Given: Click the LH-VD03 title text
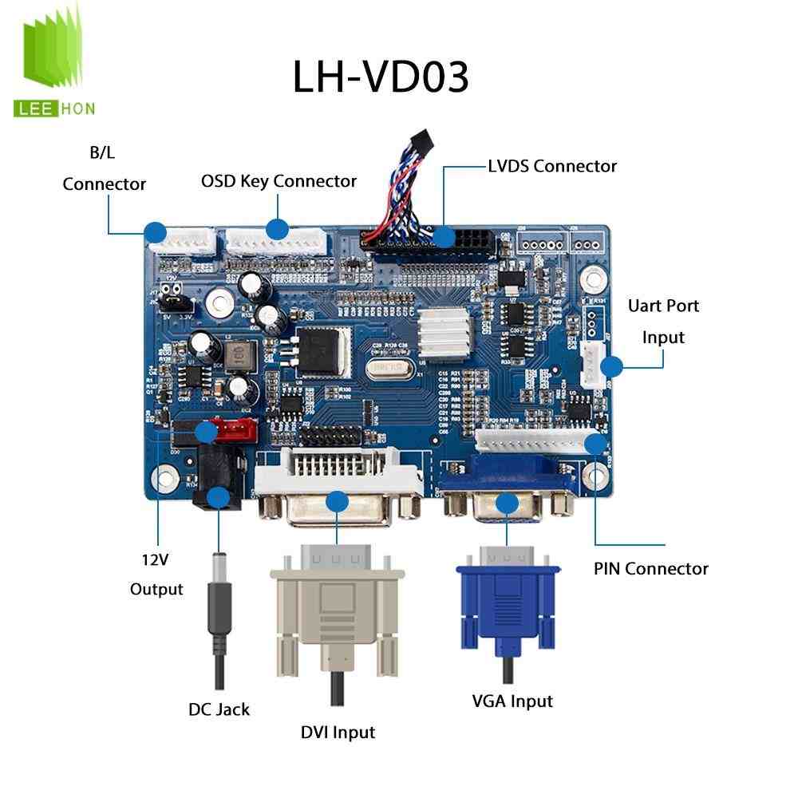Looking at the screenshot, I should (x=380, y=77).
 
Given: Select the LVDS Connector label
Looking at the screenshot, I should (x=551, y=166).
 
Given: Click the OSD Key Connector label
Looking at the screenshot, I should (x=279, y=181).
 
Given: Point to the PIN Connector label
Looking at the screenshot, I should (x=650, y=568).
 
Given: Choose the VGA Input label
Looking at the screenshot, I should (x=512, y=701).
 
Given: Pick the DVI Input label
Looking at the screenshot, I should (x=338, y=732).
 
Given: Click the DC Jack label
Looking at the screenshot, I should (x=219, y=709).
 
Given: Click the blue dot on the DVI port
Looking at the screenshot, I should (x=338, y=502).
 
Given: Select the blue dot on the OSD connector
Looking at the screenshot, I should (x=277, y=230).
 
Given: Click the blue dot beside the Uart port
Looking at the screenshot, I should (x=611, y=366).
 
